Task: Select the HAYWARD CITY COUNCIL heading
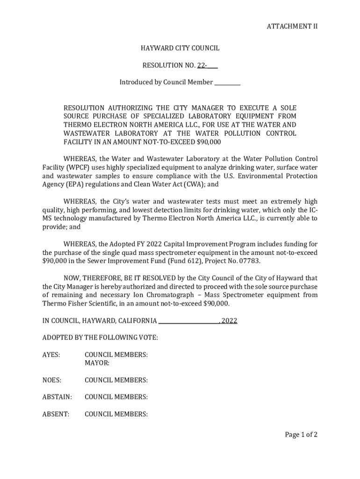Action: (180, 48)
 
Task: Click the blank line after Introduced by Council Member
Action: (227, 83)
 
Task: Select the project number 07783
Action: (250, 261)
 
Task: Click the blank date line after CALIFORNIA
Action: (189, 321)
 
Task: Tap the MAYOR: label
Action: (97, 363)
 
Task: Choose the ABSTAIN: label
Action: (57, 397)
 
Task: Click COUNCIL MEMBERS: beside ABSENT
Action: (116, 414)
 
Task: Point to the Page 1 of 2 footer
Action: (301, 435)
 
